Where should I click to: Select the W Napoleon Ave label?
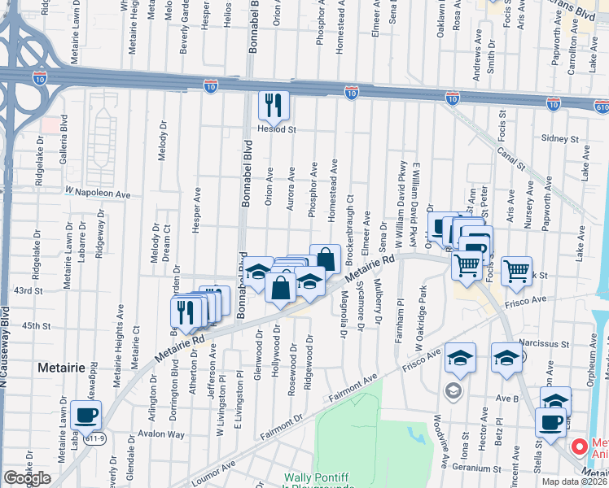[98, 194]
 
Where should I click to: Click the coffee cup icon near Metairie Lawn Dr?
[86, 415]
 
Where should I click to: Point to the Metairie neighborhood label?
[61, 368]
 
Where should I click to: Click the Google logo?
[27, 478]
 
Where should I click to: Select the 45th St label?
[36, 325]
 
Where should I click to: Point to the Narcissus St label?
[543, 345]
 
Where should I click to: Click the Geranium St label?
[489, 469]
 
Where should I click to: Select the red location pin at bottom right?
[579, 447]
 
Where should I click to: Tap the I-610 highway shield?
[602, 107]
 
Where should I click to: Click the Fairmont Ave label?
[353, 387]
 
